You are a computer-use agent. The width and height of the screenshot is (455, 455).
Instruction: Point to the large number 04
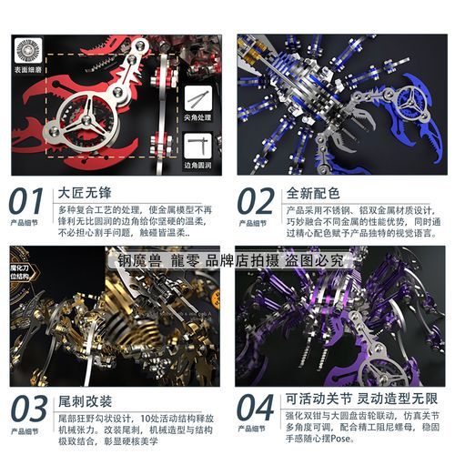tap(254, 409)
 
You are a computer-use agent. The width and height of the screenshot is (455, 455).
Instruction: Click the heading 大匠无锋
tap(82, 192)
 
